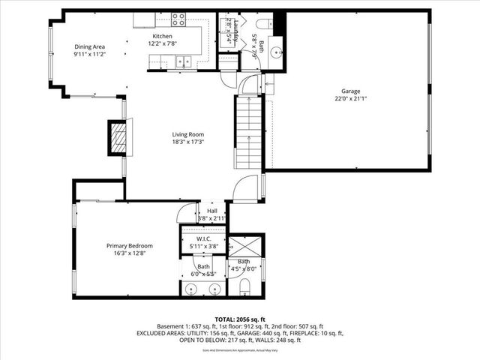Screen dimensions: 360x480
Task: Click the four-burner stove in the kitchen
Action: (178, 19)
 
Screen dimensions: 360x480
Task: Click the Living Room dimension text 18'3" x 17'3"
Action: (188, 142)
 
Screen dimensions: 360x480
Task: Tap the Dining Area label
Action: (89, 47)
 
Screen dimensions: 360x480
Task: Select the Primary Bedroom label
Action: (129, 246)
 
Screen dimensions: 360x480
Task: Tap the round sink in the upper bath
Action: (276, 52)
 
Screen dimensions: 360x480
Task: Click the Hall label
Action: (212, 211)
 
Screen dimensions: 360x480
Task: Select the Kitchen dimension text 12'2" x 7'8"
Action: (163, 43)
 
